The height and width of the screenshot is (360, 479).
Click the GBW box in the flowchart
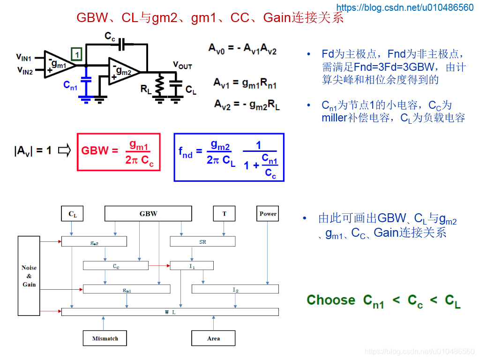tap(148, 213)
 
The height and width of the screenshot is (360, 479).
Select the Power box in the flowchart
tap(268, 213)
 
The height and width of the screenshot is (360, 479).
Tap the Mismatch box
tap(105, 338)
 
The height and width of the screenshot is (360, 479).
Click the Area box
tap(213, 338)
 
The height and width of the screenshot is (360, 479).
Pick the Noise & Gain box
tap(29, 276)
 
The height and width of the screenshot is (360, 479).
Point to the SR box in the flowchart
tap(202, 241)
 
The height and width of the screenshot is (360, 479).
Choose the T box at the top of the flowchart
tap(224, 213)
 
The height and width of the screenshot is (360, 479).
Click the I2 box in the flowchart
tap(235, 289)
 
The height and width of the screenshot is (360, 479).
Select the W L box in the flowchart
tap(170, 312)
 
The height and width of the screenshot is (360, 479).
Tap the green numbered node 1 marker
tap(76, 54)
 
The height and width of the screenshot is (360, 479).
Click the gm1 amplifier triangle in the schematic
tap(60, 65)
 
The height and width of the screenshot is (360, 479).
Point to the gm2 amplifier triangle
tap(124, 72)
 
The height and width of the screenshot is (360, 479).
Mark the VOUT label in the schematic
tap(182, 65)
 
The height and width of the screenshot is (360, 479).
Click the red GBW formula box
tap(119, 152)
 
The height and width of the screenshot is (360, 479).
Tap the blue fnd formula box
tap(229, 157)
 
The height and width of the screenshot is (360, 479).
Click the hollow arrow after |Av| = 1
tap(65, 150)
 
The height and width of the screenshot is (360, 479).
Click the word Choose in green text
tap(331, 300)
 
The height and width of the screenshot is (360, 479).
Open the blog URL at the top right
tap(405, 7)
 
